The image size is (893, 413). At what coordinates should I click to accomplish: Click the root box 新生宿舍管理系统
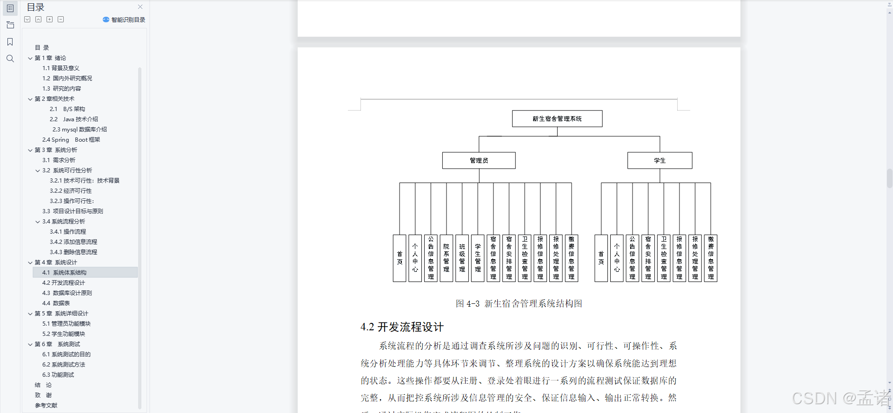coord(557,118)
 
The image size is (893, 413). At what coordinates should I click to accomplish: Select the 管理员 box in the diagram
coord(479,160)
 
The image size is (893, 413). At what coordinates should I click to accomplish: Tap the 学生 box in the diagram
coord(660,160)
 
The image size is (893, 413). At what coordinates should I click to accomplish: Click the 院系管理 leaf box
coord(446,258)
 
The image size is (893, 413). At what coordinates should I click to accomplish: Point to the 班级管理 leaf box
coord(462,258)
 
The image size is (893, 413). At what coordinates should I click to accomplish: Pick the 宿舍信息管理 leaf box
coord(493,258)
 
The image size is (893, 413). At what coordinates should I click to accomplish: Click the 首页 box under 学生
coord(601,258)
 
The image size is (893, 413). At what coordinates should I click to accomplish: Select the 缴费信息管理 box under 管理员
coord(572,258)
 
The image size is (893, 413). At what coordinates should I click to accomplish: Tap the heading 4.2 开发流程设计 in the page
coord(402,327)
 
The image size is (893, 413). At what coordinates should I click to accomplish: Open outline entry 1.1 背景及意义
coord(61,68)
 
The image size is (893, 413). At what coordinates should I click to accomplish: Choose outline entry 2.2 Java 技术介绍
coord(74,119)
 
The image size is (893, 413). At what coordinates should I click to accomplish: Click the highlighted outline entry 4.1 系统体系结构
coord(64,273)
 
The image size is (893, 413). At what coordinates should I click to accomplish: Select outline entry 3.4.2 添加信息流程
coord(73,242)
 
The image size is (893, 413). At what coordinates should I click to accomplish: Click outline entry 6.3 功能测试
coord(58,375)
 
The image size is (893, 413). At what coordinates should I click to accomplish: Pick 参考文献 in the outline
coord(46,406)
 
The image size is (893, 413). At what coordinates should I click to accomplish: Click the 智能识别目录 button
coord(124,20)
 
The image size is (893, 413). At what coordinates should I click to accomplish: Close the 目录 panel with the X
coord(140,7)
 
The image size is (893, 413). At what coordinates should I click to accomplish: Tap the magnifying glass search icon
coord(10,59)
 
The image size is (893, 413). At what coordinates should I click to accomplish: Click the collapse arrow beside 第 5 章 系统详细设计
coord(30,314)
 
